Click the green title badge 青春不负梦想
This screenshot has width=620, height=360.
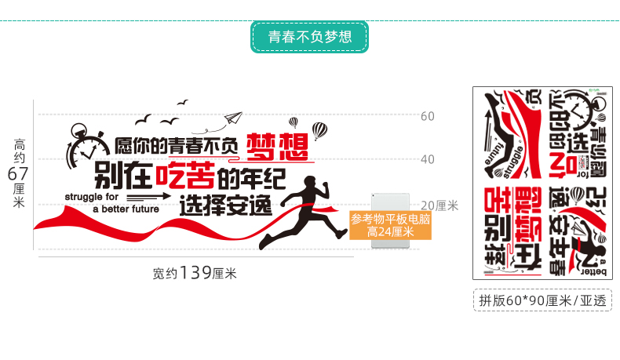[309, 37]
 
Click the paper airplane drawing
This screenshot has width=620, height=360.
[233, 118]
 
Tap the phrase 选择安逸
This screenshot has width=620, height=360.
[225, 205]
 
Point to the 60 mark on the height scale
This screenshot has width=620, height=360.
[428, 117]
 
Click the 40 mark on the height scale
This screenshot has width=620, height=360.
[428, 159]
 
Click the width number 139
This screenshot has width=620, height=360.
[195, 273]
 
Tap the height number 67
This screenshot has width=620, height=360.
[19, 173]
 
